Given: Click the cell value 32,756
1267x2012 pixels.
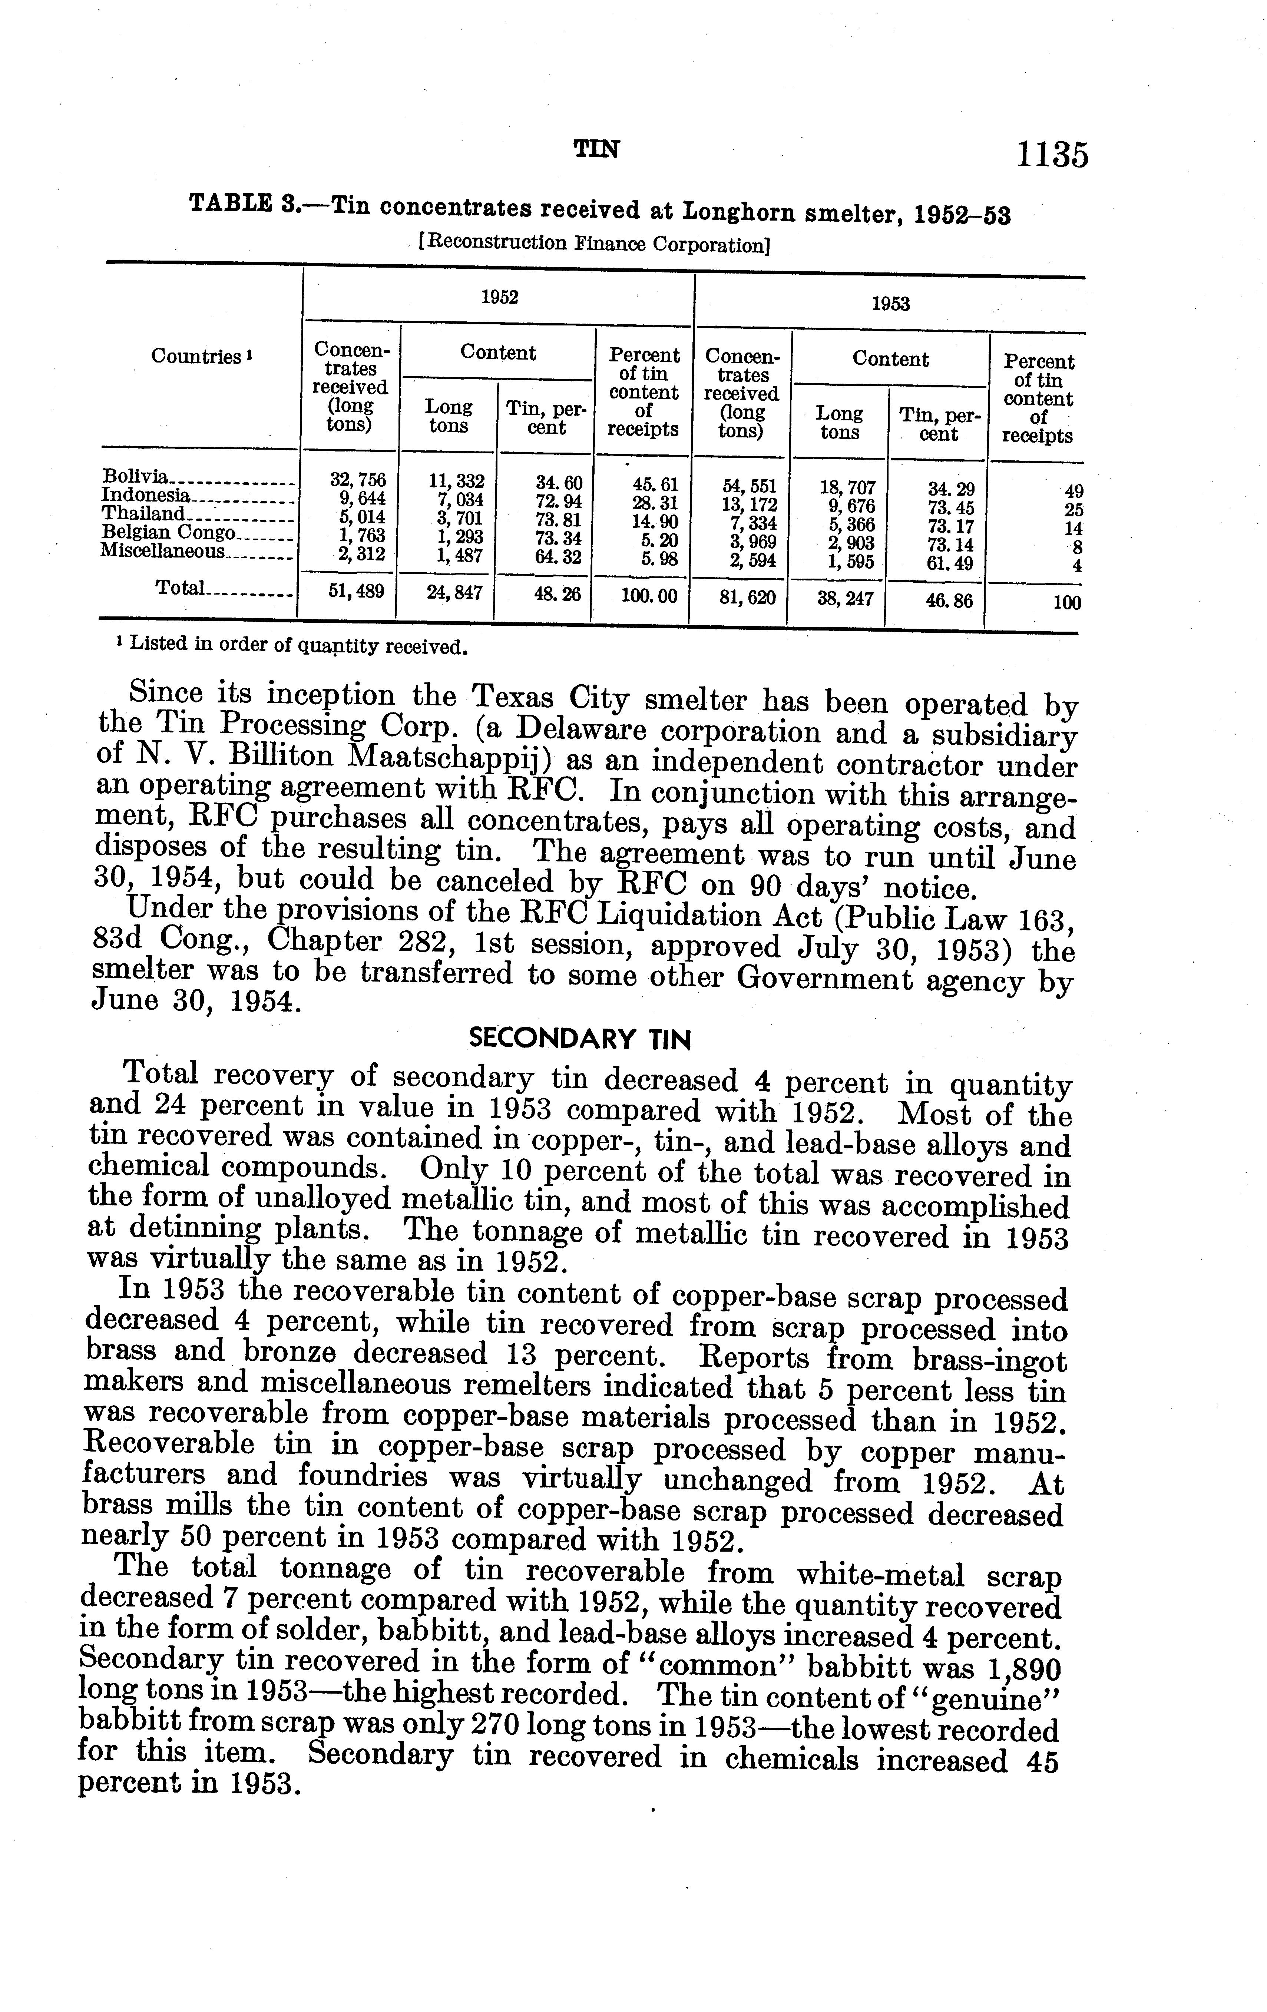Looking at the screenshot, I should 358,480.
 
